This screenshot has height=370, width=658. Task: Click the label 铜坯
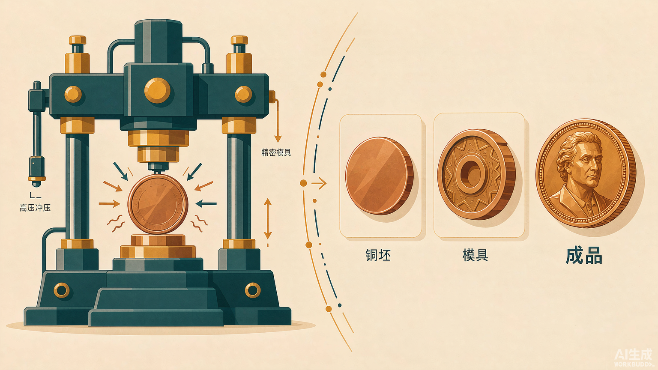[x=378, y=255]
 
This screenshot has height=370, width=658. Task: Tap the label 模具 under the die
[x=475, y=255]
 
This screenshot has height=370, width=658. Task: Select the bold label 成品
[x=584, y=256]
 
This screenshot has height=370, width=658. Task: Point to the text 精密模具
[x=276, y=152]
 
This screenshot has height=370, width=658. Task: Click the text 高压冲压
[x=35, y=208]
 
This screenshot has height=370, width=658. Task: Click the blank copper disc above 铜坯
[x=379, y=175]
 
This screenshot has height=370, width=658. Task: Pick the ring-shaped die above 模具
[x=476, y=174]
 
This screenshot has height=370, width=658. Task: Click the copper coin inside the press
[x=158, y=204]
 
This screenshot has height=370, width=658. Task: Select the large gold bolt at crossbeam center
[x=158, y=90]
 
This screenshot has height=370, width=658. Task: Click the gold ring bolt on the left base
[x=62, y=290]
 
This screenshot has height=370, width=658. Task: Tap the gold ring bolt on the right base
[x=253, y=290]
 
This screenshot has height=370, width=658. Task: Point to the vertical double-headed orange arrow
[x=267, y=219]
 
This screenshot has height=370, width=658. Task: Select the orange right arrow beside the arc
[x=319, y=183]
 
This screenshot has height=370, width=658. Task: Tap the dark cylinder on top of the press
[x=159, y=41]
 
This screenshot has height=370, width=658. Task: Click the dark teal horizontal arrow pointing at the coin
[x=206, y=203]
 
